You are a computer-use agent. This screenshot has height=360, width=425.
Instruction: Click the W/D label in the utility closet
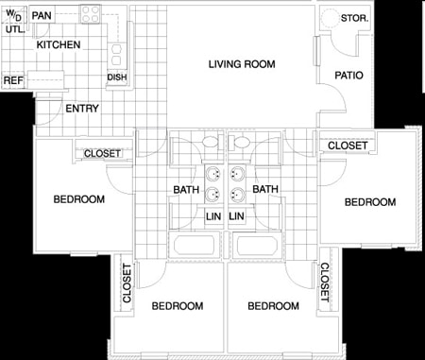click(13, 15)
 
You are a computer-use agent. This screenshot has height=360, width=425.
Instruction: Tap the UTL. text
click(14, 29)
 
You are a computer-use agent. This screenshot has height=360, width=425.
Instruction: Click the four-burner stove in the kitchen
click(91, 14)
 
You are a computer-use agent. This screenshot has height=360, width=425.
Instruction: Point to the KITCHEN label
click(58, 44)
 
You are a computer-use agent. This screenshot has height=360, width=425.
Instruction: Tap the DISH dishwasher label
click(117, 77)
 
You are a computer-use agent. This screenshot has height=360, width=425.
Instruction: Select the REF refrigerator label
click(12, 81)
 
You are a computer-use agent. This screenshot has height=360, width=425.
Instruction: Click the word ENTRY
click(82, 109)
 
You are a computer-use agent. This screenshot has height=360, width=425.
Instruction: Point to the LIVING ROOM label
click(242, 64)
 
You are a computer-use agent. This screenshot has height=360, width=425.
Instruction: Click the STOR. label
click(355, 19)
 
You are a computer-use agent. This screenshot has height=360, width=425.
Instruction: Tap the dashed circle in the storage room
click(330, 19)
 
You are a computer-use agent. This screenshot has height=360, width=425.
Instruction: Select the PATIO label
click(348, 76)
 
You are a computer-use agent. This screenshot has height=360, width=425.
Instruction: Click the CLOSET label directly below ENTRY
click(102, 153)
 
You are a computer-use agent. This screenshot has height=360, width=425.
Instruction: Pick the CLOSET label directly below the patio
click(348, 145)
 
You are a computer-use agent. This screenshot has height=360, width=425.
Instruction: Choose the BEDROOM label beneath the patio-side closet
click(368, 202)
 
